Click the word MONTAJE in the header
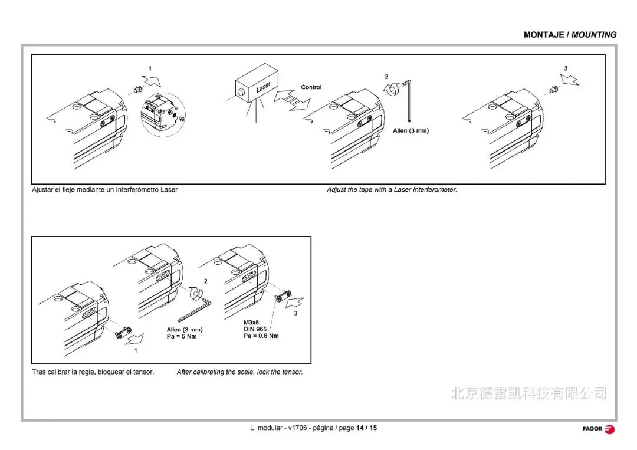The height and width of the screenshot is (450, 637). tap(544, 35)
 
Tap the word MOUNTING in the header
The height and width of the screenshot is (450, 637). tap(594, 35)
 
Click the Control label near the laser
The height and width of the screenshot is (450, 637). tap(311, 87)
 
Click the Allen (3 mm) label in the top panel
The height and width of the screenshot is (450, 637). tap(411, 130)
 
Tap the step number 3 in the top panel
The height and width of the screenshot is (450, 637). tap(566, 69)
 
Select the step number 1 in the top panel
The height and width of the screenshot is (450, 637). tap(150, 69)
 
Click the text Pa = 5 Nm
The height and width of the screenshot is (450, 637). tap(182, 336)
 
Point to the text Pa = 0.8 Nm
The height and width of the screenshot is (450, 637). tap(261, 336)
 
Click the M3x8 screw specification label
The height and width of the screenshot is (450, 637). tap(252, 323)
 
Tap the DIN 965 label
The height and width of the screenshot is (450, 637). tap(257, 329)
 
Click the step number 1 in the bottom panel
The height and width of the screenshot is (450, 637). tap(136, 350)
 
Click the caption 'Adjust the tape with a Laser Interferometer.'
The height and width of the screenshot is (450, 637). tap(392, 190)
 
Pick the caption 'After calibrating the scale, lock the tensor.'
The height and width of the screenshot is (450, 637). tap(239, 372)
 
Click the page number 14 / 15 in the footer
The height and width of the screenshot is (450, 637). tap(366, 428)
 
